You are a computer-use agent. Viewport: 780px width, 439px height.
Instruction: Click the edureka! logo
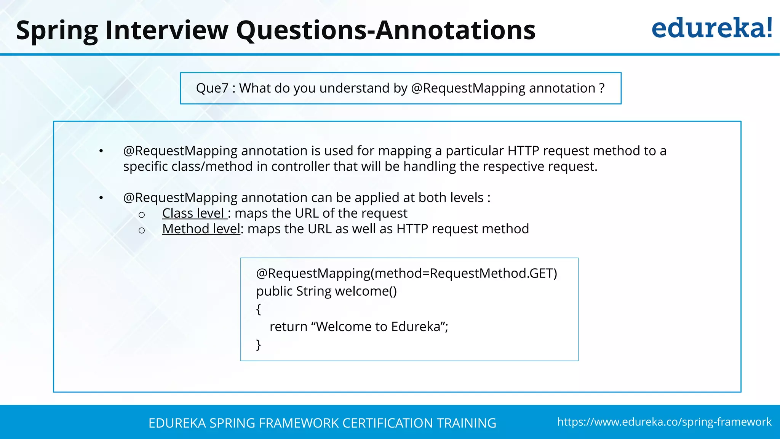711,28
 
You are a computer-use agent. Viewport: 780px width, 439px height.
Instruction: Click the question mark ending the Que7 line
602,88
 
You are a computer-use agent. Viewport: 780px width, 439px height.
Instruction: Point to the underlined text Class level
194,213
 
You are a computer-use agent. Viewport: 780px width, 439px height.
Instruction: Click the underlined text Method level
201,229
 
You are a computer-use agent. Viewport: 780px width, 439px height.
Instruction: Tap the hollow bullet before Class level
142,215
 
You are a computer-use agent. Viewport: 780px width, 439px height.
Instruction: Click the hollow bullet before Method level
142,231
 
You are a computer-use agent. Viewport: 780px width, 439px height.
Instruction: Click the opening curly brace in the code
259,309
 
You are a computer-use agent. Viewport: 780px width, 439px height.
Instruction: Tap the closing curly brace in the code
259,344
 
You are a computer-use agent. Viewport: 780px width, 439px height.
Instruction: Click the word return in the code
288,327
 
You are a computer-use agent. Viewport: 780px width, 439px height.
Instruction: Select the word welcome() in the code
366,291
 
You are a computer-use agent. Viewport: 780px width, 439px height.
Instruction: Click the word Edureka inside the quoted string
416,327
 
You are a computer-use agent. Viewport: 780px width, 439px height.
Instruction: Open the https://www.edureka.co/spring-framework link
664,422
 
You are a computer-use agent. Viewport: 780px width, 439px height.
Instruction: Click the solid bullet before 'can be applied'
101,198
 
